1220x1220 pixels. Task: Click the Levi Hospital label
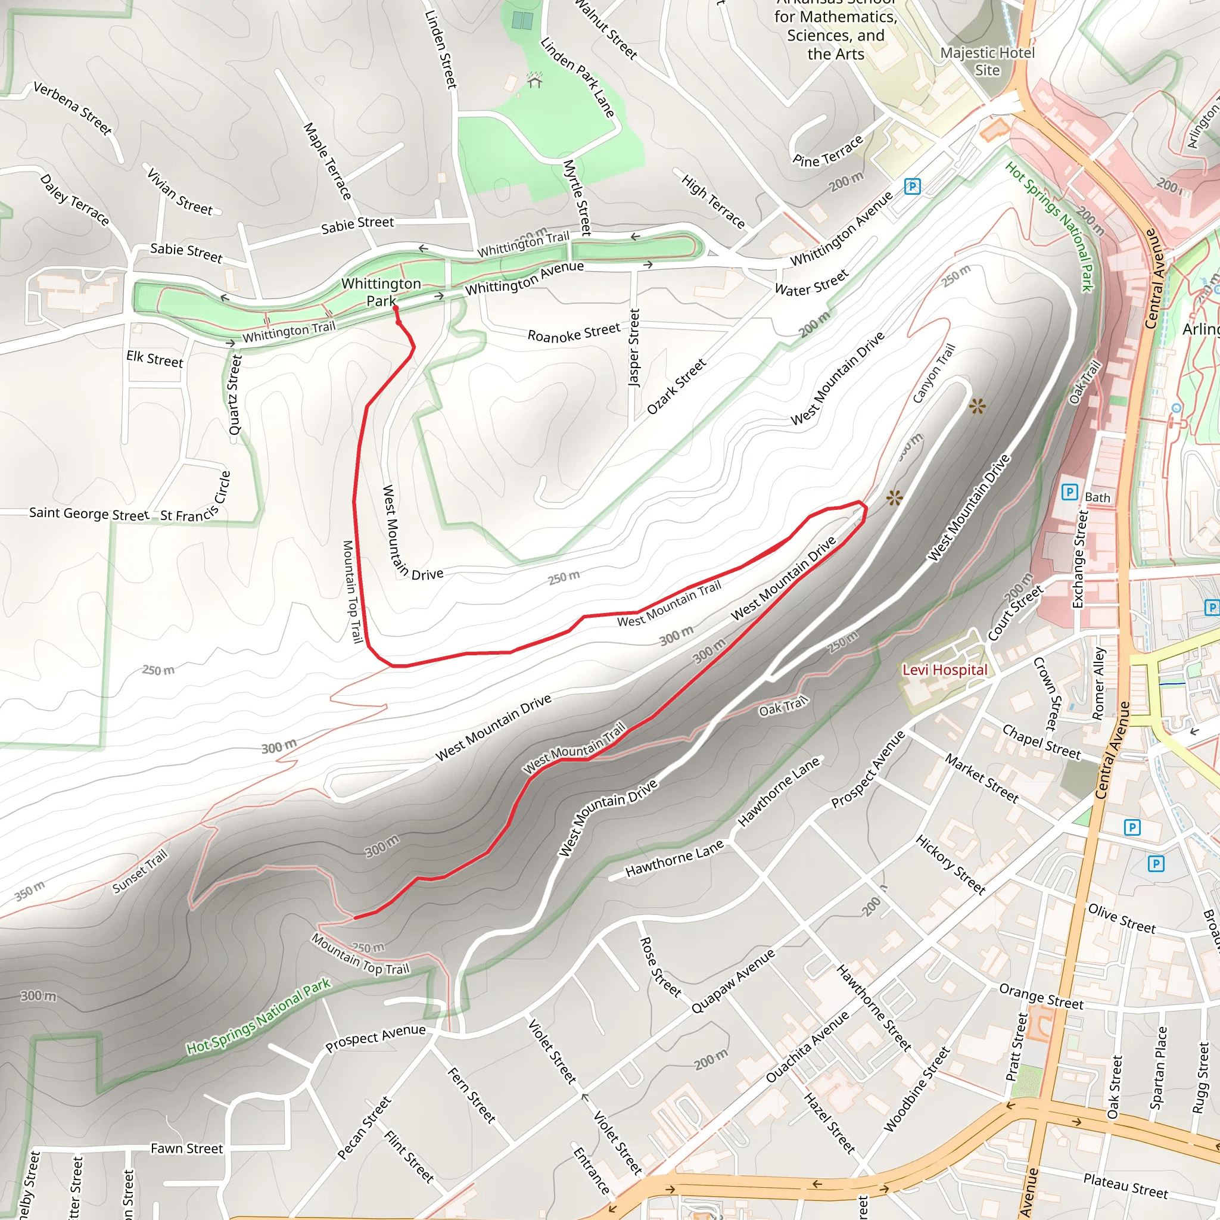[x=945, y=670]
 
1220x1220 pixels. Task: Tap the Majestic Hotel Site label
[x=988, y=61]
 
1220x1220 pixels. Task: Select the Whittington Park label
[x=381, y=292]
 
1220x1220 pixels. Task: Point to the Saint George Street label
[x=89, y=513]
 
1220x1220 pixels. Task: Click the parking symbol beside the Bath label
[x=1069, y=491]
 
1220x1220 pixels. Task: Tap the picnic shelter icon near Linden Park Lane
[x=535, y=81]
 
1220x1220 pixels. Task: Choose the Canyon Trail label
[x=934, y=373]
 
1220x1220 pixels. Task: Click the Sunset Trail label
[x=140, y=872]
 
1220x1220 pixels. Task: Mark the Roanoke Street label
[x=574, y=332]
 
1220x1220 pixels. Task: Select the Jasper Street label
[x=634, y=347]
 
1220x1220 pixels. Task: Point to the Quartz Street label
[x=235, y=395]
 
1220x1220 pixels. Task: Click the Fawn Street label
[x=187, y=1149]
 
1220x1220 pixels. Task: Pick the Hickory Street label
[x=950, y=864]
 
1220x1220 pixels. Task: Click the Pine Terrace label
[x=828, y=151]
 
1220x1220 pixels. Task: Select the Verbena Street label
[x=73, y=108]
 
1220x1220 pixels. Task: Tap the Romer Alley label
[x=1098, y=683]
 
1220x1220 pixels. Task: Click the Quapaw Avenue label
[x=733, y=982]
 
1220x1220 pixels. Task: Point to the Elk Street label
[x=155, y=359]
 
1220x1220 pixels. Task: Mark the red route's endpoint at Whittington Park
[x=396, y=309]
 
